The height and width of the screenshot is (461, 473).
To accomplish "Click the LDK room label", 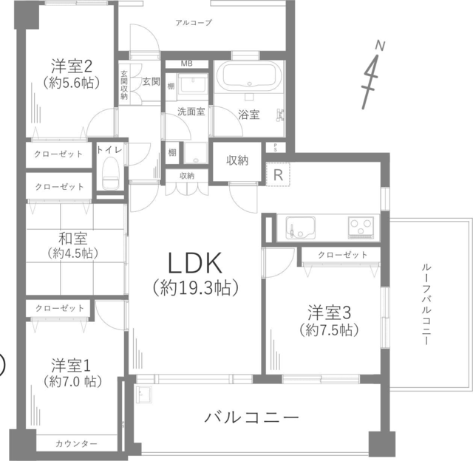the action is [195, 262].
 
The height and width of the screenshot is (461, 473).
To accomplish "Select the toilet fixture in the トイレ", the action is [111, 174].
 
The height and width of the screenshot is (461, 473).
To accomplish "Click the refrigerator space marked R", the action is [278, 174].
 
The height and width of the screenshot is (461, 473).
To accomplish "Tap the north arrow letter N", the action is [380, 46].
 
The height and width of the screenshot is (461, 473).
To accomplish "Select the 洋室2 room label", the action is [72, 66].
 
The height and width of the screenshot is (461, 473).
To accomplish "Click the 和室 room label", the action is [73, 238].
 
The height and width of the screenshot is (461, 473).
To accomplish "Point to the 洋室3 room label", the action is [329, 313].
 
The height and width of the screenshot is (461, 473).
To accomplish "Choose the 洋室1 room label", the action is [71, 366].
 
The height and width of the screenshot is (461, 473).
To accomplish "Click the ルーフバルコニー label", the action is [426, 304].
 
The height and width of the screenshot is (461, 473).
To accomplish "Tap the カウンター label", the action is [77, 443].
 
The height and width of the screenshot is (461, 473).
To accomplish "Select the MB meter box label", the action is [187, 64].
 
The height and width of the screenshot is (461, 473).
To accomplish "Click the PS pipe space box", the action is [275, 148].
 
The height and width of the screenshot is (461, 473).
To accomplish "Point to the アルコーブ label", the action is [194, 23].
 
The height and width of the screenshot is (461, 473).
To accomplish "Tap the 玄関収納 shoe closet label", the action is [124, 85].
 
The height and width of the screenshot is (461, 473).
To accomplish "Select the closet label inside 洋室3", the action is [343, 255].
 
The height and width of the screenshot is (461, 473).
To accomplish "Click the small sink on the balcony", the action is [144, 395].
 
